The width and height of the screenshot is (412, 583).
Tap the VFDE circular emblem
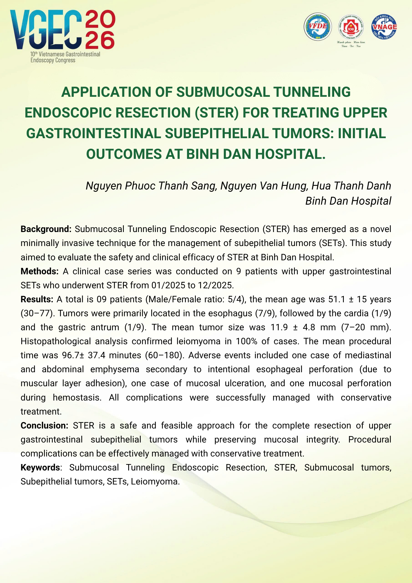pyautogui.click(x=318, y=27)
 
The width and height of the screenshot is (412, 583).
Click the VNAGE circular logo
pyautogui.click(x=384, y=27)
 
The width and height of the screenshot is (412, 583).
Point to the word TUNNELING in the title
pyautogui.click(x=311, y=92)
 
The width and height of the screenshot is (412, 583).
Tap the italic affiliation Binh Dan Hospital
pyautogui.click(x=348, y=201)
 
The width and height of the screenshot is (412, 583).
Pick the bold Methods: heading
pyautogui.click(x=40, y=271)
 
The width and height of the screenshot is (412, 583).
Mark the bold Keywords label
pyautogui.click(x=40, y=468)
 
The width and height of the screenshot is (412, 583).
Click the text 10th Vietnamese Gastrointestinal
pyautogui.click(x=65, y=54)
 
